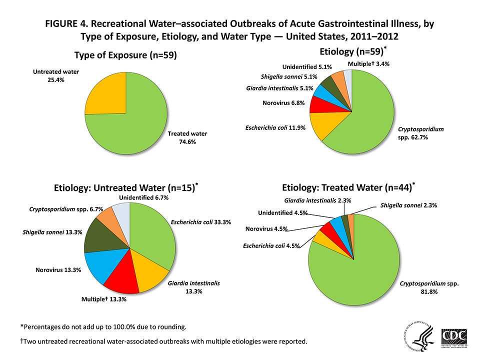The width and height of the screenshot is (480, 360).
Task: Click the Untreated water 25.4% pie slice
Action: pos(107,95)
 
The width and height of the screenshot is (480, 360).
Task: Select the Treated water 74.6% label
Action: pos(187,138)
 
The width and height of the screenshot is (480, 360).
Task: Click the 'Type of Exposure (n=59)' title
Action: pos(125,55)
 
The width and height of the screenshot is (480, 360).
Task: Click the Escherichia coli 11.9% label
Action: pos(275,128)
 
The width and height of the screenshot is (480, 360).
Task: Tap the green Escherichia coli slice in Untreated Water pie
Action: pos(152,235)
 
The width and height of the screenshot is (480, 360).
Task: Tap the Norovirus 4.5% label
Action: pos(266,229)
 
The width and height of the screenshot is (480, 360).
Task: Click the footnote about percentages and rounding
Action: pos(103,327)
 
